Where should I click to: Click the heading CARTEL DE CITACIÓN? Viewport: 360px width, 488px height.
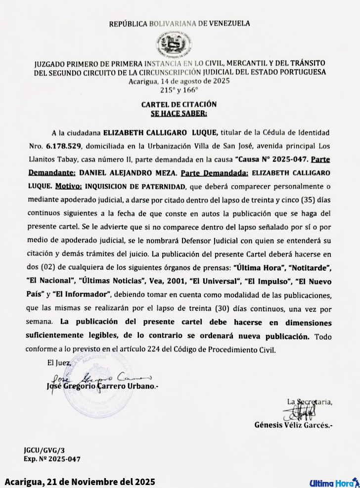click(x=179, y=104)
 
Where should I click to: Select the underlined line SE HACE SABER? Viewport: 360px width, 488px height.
click(x=179, y=113)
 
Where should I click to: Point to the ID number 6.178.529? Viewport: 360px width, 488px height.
click(x=65, y=147)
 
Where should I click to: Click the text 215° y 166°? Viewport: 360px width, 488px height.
click(x=179, y=91)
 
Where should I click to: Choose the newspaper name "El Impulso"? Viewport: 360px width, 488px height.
click(x=267, y=281)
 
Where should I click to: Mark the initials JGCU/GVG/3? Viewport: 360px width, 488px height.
click(x=44, y=450)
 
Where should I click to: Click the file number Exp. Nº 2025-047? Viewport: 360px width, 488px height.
click(x=52, y=459)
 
